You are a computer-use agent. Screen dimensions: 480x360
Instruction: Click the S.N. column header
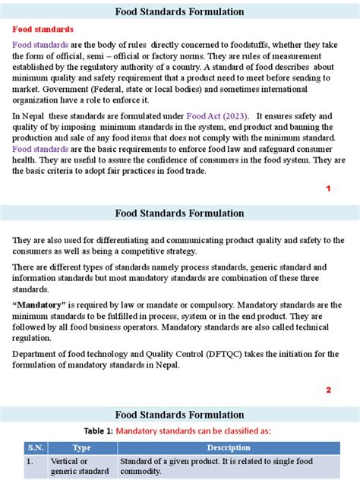click(x=32, y=447)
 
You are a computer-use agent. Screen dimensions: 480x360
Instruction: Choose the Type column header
click(x=81, y=447)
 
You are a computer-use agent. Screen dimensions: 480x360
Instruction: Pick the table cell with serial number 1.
click(x=30, y=461)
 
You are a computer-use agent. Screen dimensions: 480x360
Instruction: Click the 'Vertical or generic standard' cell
click(x=79, y=466)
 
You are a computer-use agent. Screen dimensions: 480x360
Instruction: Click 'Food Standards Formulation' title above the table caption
click(x=179, y=414)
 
